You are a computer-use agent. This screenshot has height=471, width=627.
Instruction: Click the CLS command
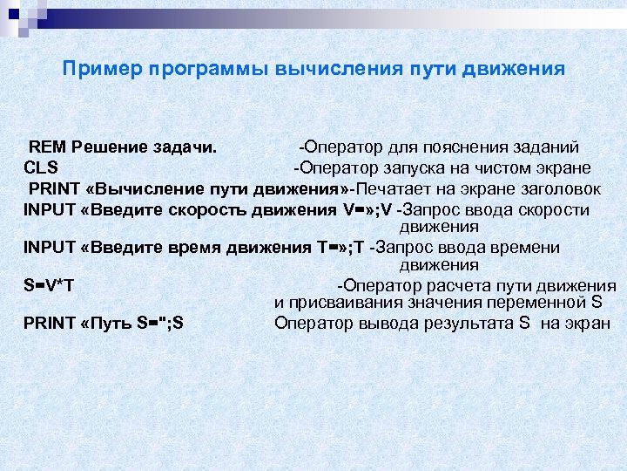(x=41, y=167)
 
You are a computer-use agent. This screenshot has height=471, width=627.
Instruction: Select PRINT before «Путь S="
(x=51, y=324)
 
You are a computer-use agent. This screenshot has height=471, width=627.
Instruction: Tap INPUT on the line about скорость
(x=50, y=210)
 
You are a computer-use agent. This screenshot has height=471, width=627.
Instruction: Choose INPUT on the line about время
(x=50, y=248)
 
